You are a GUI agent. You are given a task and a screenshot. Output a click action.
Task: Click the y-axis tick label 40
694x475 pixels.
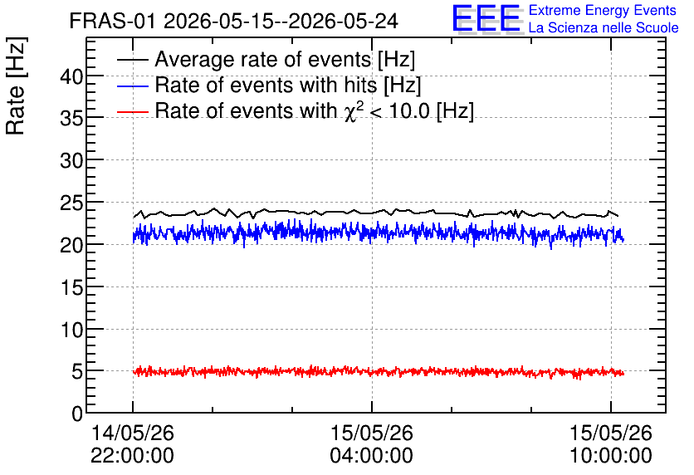coord(71,77)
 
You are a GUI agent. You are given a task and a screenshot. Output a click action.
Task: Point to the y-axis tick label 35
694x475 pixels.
coord(71,119)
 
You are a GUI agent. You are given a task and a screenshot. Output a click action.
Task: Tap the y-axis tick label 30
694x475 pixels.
coord(71,161)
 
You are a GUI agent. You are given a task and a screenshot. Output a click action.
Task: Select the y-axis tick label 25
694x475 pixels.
coord(71,203)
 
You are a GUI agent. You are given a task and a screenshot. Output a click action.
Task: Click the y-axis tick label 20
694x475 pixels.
coord(71,245)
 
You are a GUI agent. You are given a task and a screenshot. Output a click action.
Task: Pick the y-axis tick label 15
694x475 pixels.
coord(71,288)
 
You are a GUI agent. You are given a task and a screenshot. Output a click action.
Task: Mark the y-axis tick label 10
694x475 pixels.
coord(71,330)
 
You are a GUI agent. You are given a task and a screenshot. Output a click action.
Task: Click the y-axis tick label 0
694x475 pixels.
coord(77,414)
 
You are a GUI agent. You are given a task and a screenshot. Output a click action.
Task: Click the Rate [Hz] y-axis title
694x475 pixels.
coord(16,86)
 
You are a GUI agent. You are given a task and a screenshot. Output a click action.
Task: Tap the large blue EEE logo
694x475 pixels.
coord(486,18)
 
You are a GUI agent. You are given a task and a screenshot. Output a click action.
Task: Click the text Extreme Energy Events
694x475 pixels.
coord(603,10)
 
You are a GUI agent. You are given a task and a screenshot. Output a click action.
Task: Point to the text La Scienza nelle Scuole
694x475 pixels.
coord(604,27)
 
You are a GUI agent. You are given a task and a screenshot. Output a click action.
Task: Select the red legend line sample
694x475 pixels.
coord(132,111)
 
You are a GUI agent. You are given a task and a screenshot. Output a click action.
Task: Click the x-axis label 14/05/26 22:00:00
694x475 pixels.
coord(132,444)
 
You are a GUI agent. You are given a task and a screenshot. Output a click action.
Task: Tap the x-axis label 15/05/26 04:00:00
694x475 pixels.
coord(371,444)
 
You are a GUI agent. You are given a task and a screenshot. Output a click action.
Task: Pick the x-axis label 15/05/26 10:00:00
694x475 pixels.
coord(610,444)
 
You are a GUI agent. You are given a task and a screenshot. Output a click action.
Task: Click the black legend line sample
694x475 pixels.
coord(132,60)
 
